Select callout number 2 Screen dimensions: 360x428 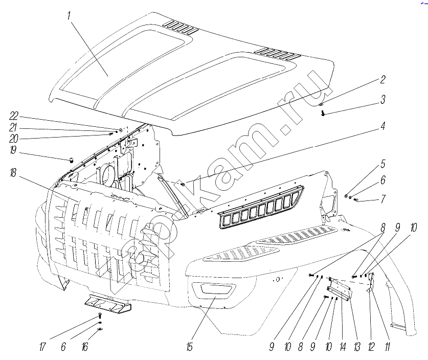382,80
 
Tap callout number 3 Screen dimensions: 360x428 382,99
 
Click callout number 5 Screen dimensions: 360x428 382,165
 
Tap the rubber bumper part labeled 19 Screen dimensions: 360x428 72,160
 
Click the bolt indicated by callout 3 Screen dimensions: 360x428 323,113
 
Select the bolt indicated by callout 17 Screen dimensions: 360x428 100,317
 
